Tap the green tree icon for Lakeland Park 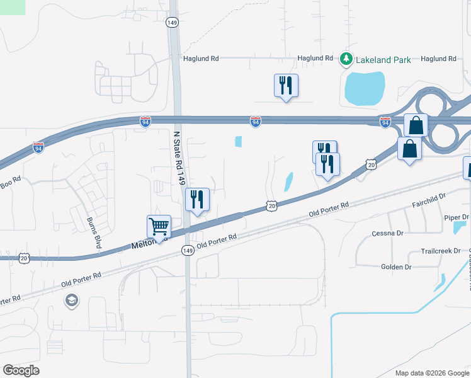click(x=346, y=59)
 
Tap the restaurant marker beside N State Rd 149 click(x=196, y=200)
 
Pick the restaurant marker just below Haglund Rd click(x=286, y=85)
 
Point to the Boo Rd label click(x=11, y=178)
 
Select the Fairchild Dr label click(x=429, y=200)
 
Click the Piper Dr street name click(x=453, y=217)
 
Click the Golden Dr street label click(x=396, y=267)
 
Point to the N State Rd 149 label click(x=179, y=157)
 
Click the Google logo click(x=21, y=370)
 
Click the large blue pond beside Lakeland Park click(x=364, y=88)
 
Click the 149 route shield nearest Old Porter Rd click(x=187, y=250)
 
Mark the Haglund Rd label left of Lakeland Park click(x=200, y=59)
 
